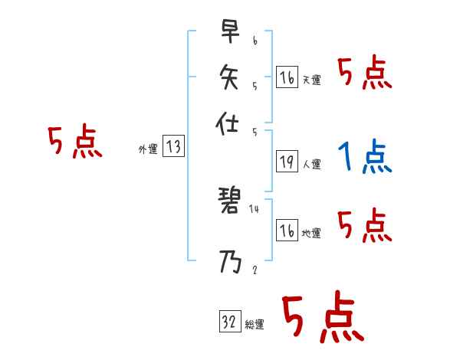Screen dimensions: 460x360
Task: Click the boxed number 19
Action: click(287, 162)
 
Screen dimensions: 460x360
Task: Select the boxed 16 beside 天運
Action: click(287, 78)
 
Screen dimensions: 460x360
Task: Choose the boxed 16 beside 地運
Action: click(287, 231)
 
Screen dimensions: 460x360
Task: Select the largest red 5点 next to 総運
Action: click(322, 317)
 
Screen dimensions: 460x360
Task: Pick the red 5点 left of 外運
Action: click(74, 143)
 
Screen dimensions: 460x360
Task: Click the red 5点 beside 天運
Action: click(364, 74)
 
